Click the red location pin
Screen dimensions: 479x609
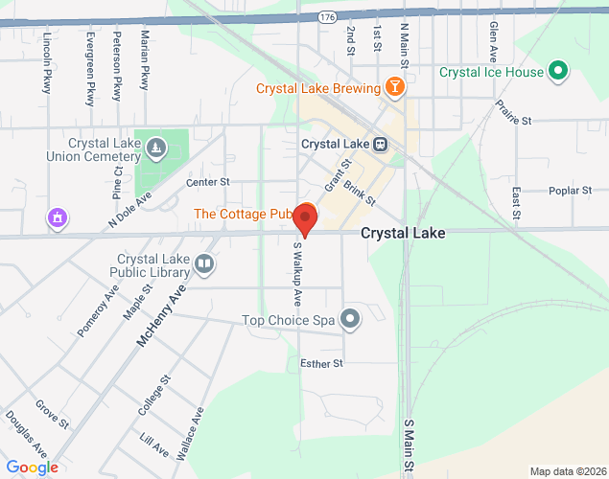click(305, 218)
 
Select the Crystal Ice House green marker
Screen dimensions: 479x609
click(557, 72)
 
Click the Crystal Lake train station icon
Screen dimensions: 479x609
click(381, 145)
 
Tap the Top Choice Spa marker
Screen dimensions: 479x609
click(351, 319)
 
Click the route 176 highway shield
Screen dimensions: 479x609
click(326, 16)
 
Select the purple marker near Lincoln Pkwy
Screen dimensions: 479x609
click(58, 218)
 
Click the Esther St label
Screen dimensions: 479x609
click(321, 363)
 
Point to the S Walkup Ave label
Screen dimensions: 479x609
click(296, 273)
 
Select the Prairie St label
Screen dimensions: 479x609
click(514, 114)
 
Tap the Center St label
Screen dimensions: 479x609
click(208, 181)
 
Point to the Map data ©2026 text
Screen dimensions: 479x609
click(568, 471)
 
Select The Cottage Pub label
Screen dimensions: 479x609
click(242, 213)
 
